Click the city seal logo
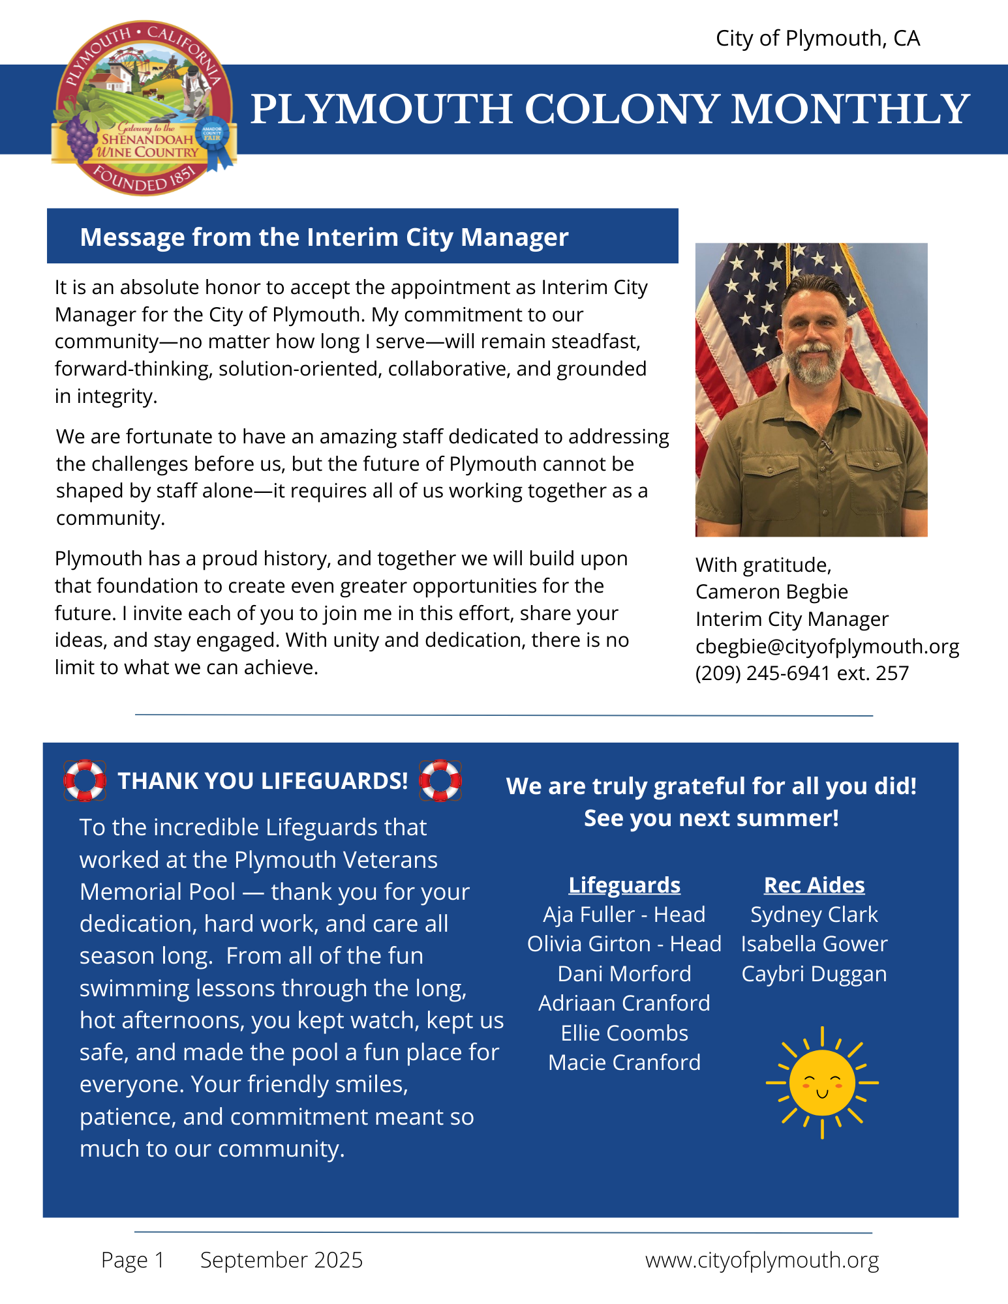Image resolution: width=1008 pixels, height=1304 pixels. click(x=144, y=108)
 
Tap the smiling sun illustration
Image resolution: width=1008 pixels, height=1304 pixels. click(x=822, y=1083)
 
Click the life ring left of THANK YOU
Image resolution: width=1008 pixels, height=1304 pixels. click(x=85, y=780)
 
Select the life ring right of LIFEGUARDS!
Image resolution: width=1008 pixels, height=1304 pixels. click(x=440, y=780)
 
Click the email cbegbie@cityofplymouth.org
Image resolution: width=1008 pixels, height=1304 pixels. click(x=827, y=646)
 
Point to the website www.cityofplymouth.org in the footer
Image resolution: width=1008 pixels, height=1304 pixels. click(x=761, y=1260)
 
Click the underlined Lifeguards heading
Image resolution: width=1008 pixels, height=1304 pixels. click(x=624, y=885)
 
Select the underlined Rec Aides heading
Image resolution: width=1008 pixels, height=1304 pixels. click(x=814, y=885)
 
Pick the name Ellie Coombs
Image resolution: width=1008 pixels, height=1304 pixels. click(x=624, y=1033)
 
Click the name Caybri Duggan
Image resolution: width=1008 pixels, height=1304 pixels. click(x=814, y=973)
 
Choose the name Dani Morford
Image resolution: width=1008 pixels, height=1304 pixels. click(x=624, y=973)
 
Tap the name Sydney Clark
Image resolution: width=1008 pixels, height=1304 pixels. click(x=814, y=914)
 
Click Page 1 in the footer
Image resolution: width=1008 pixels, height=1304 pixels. click(x=132, y=1260)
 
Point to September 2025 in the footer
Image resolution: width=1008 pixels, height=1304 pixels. click(x=281, y=1260)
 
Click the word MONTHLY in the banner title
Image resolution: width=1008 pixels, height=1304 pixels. click(x=850, y=109)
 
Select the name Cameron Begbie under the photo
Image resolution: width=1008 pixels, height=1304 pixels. click(x=772, y=591)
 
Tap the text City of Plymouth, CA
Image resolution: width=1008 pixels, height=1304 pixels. click(x=817, y=38)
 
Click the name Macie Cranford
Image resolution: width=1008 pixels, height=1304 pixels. click(x=624, y=1062)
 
